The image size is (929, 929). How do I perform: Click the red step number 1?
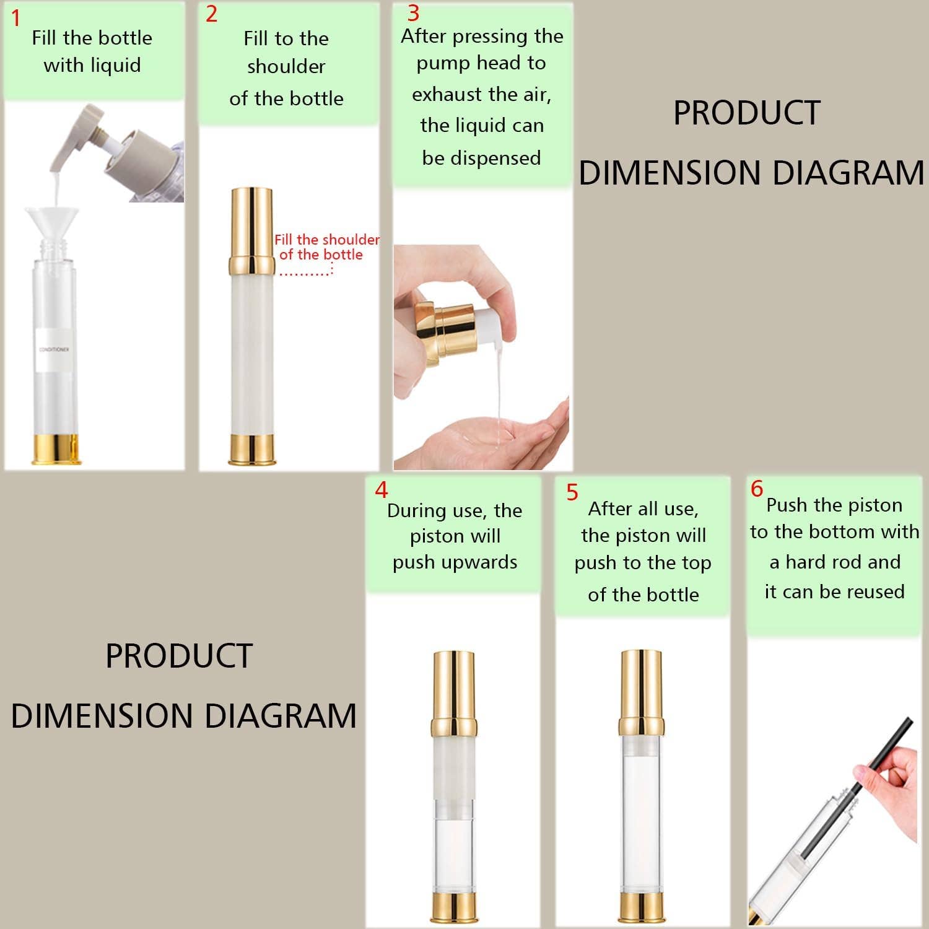tap(16, 19)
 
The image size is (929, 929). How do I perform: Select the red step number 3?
tap(413, 13)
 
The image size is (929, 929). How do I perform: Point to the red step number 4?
tap(381, 490)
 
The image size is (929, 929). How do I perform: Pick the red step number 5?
tap(572, 492)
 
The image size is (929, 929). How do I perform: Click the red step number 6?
tap(756, 489)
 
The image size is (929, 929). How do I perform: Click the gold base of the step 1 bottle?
tap(56, 449)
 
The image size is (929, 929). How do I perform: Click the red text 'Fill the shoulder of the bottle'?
tap(326, 247)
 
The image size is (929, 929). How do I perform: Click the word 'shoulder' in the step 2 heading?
tap(286, 66)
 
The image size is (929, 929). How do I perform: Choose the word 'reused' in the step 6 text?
tap(875, 591)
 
